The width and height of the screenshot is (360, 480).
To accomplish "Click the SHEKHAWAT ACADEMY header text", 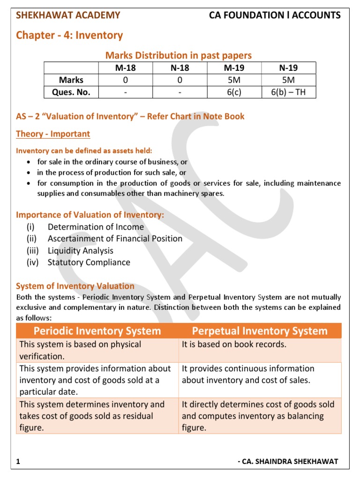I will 68,15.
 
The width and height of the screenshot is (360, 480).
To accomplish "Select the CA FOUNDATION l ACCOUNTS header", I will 275,15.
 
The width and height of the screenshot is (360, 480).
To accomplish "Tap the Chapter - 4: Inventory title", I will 69,35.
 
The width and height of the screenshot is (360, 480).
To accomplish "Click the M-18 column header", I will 125,67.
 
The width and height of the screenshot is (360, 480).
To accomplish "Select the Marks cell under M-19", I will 233,80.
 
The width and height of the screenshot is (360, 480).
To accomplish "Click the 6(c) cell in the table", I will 233,92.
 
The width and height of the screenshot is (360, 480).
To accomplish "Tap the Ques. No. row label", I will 71,92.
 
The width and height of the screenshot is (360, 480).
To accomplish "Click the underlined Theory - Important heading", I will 53,134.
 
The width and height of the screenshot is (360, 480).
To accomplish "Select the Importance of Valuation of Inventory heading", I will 90,215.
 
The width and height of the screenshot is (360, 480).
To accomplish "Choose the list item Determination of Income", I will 96,227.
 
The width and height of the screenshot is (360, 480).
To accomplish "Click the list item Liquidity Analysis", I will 80,251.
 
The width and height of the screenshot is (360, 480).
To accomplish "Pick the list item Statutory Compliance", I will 89,262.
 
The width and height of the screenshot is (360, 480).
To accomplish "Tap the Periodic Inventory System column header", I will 97,331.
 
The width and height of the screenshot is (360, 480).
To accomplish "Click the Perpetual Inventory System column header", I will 260,331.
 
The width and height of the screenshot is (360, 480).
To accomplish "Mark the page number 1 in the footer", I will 18,462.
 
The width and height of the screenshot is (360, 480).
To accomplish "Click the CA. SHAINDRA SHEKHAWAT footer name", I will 288,462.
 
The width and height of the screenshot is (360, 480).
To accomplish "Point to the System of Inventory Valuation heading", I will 75,286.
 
